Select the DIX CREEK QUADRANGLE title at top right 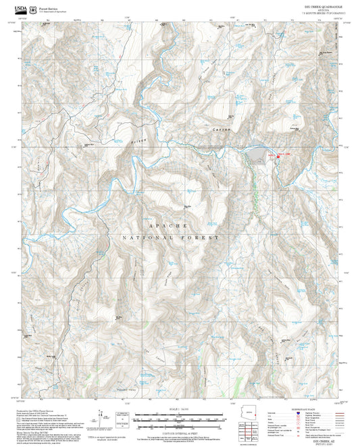pos(324,4)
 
